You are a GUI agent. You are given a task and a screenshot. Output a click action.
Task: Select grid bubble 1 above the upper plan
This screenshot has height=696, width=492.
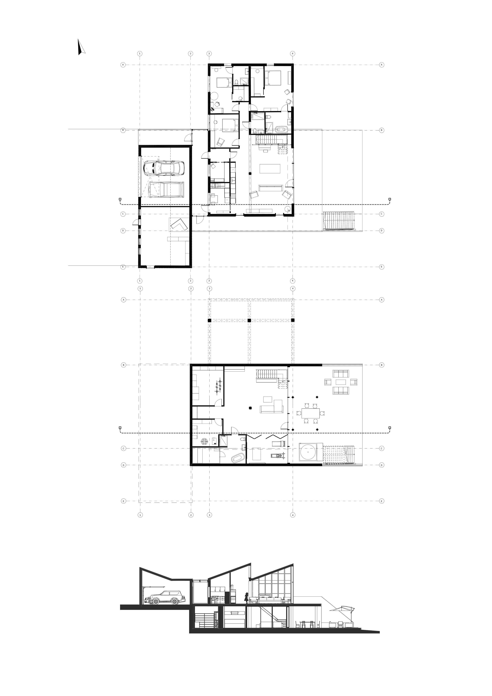point(140,54)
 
